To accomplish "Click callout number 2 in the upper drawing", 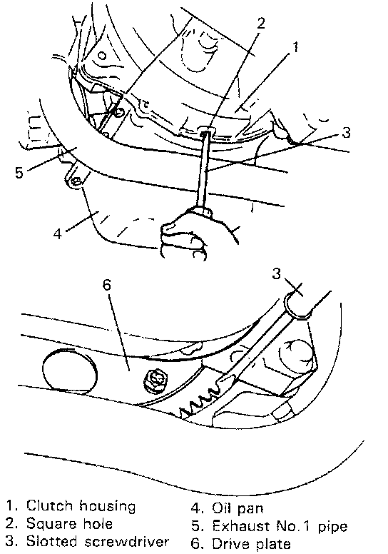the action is click(260, 23).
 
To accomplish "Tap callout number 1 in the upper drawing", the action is click(295, 46).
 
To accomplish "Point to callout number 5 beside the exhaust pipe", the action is click(19, 173).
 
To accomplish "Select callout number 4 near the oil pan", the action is click(58, 233).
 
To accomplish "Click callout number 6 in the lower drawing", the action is click(107, 284).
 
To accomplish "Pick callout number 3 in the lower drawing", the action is click(277, 273).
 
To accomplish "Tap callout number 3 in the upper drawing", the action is click(347, 133).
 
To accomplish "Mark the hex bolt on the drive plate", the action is click(155, 381).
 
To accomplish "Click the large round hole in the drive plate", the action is click(70, 368).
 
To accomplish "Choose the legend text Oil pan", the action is click(238, 508).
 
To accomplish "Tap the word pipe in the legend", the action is click(332, 527).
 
